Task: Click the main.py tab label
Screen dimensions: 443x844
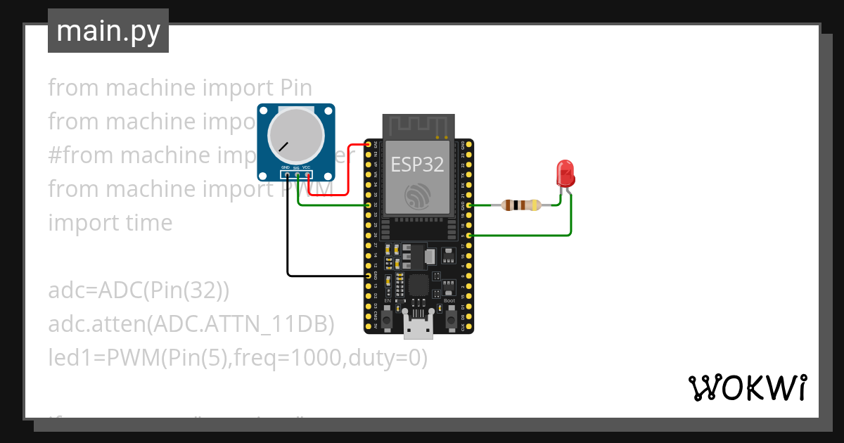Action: [x=108, y=32]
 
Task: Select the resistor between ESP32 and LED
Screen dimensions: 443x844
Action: [x=520, y=205]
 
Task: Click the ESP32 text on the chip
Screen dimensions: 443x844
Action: [x=418, y=165]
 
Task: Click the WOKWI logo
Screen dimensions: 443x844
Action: [x=746, y=387]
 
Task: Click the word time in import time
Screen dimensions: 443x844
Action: [x=146, y=223]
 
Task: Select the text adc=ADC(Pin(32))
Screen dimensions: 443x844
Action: [x=139, y=290]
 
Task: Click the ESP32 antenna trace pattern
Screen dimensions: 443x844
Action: [x=418, y=126]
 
